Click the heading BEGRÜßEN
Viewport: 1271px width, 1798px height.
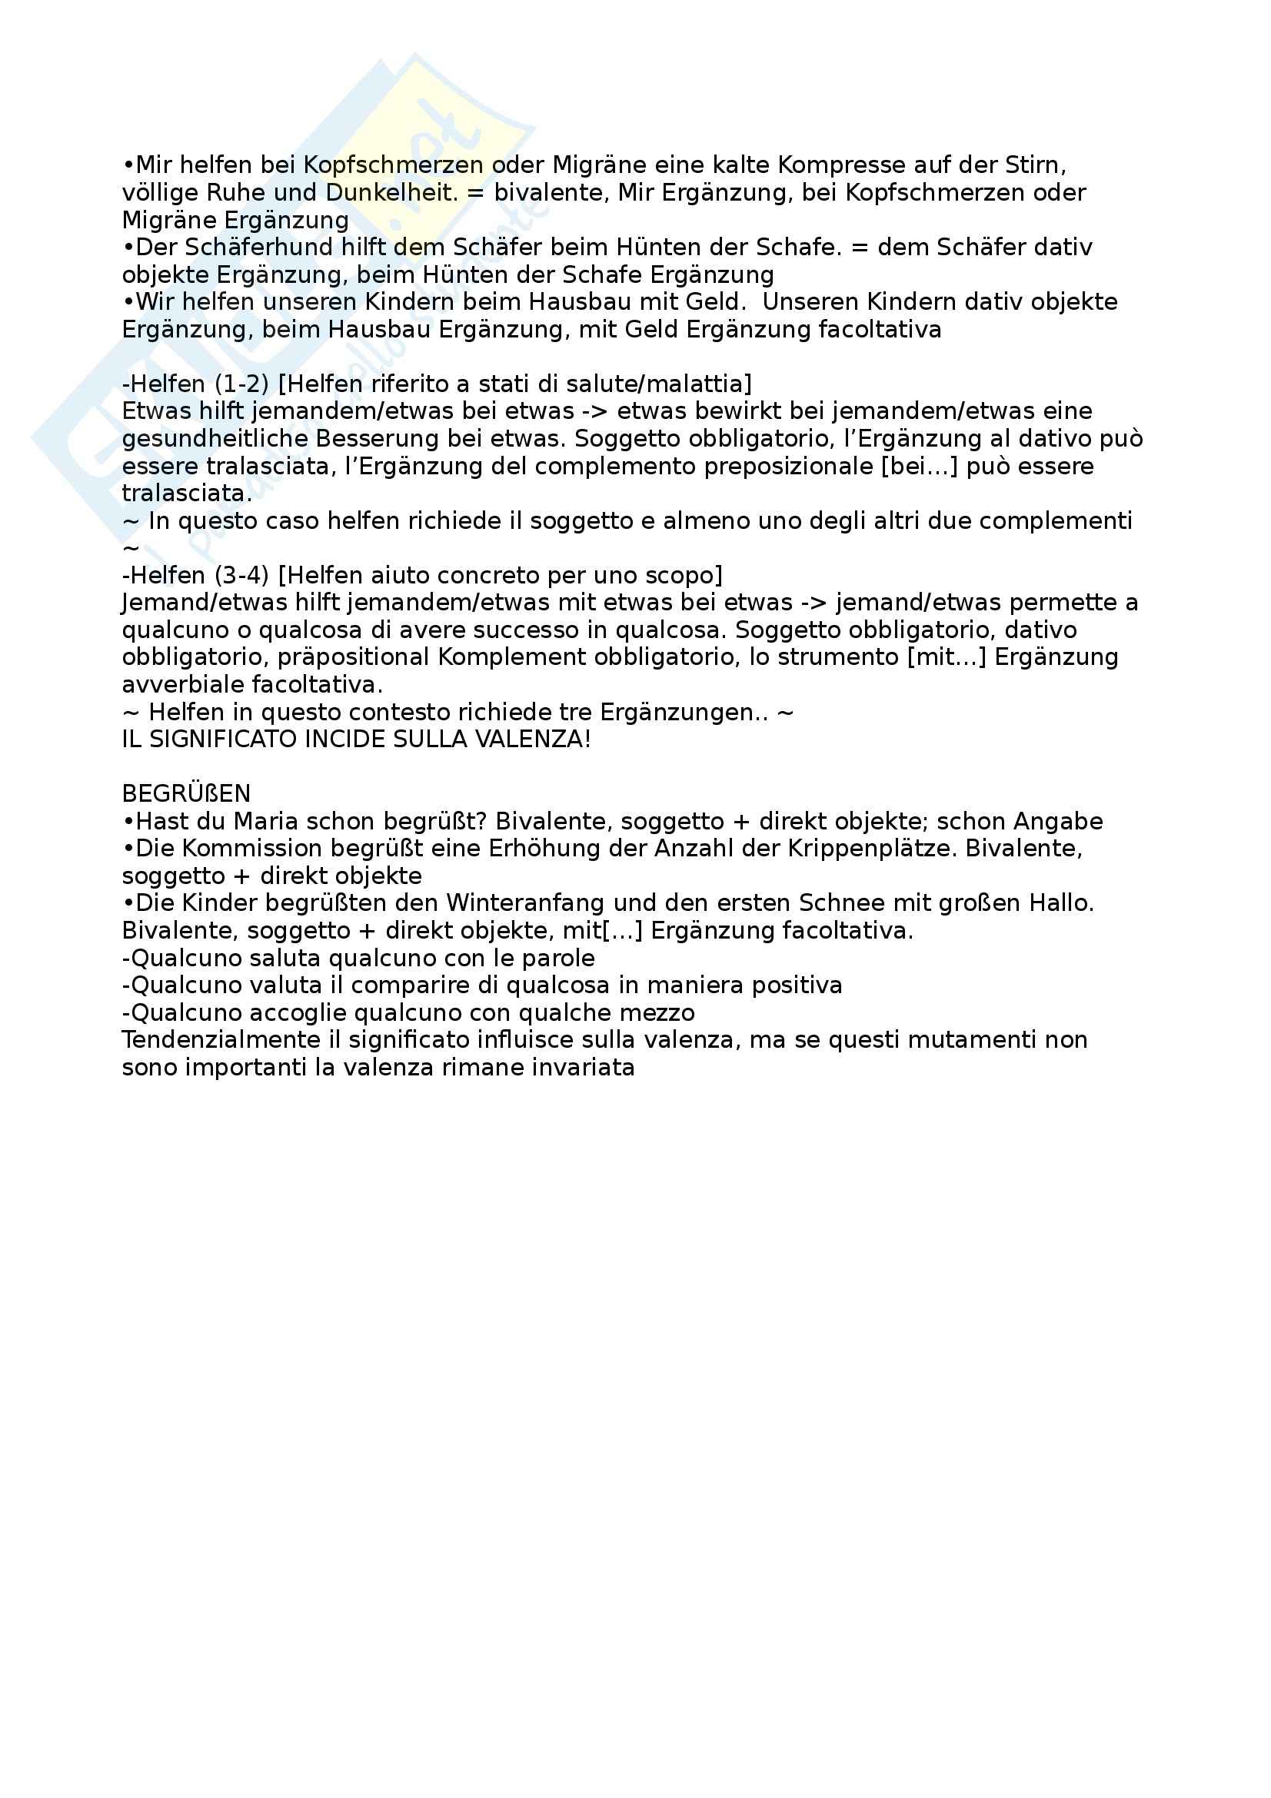pos(186,793)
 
